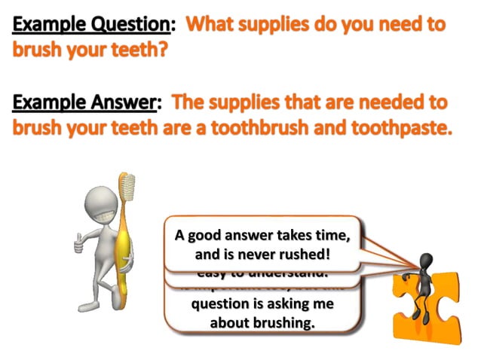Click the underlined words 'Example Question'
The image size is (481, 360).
point(89,23)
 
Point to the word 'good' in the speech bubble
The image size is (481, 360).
point(208,236)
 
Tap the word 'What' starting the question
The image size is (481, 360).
point(213,23)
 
